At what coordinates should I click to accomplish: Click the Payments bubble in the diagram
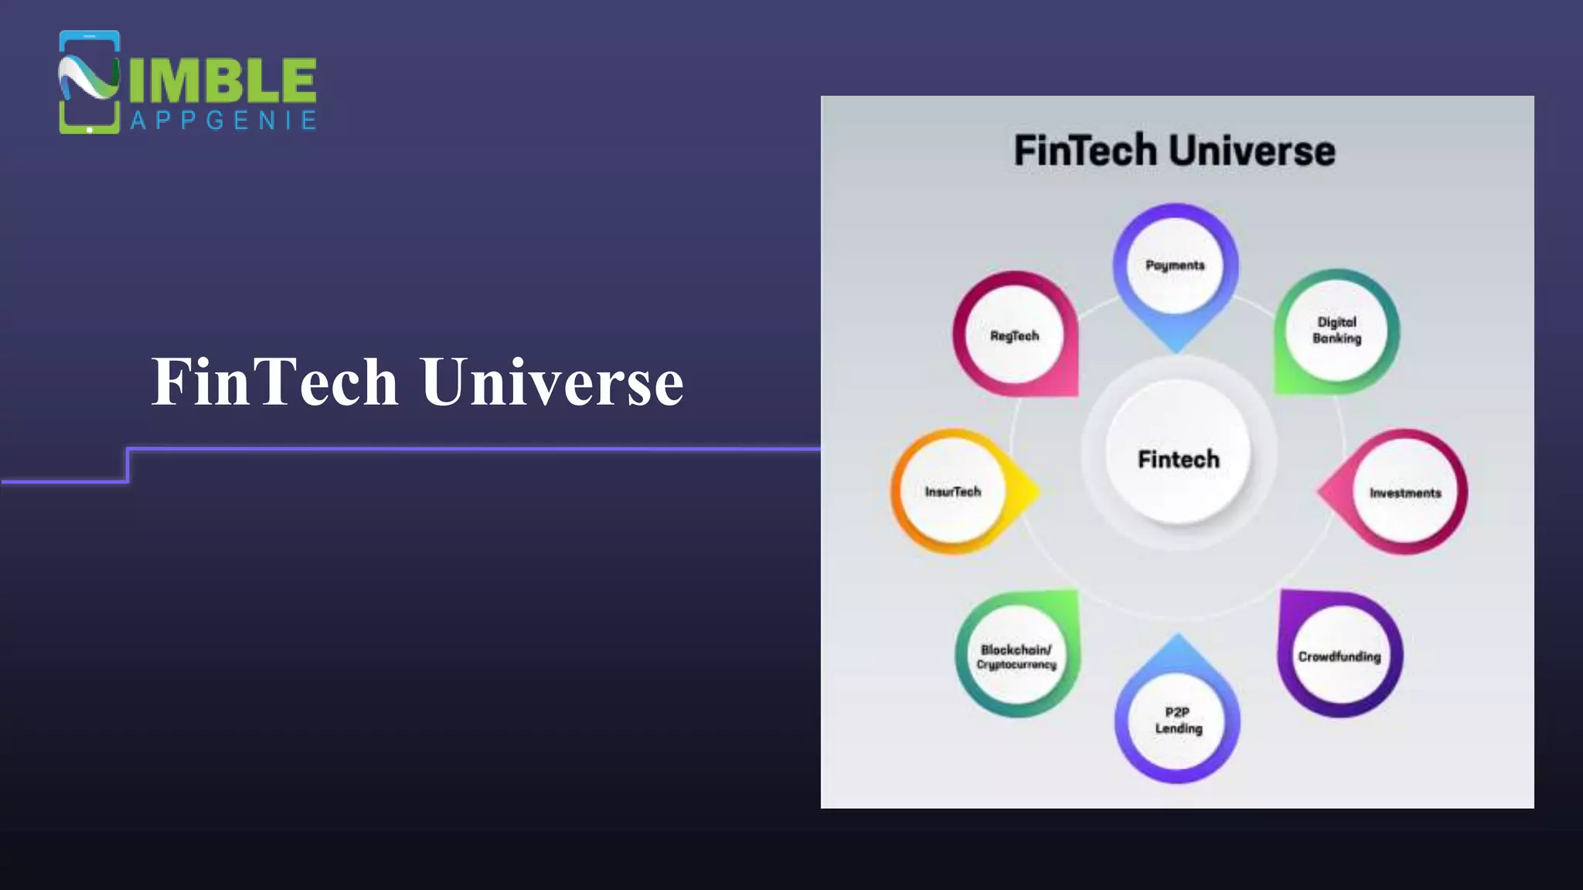click(x=1175, y=265)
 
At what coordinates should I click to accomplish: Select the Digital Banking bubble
click(x=1336, y=330)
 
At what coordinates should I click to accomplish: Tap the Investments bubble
click(x=1405, y=492)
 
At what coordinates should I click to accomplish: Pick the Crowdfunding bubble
click(x=1340, y=656)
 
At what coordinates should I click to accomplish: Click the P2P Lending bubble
click(x=1178, y=720)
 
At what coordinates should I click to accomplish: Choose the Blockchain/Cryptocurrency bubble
click(x=1016, y=656)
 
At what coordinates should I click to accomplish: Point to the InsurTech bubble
click(x=953, y=491)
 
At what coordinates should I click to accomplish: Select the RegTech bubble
click(x=1015, y=335)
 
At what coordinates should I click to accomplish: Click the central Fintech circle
click(x=1178, y=459)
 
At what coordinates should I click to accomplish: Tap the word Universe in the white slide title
click(x=552, y=382)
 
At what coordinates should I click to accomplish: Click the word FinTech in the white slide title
click(x=275, y=382)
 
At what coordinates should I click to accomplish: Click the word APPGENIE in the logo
click(x=223, y=121)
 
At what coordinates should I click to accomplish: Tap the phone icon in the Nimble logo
click(x=89, y=82)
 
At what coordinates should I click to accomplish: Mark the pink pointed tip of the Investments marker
click(x=1325, y=491)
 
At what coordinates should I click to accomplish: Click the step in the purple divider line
click(x=128, y=465)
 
